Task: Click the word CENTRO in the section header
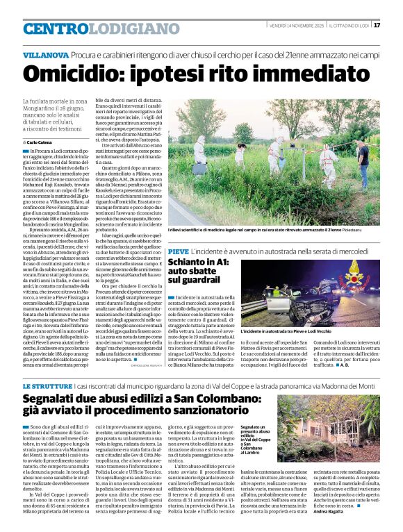point(56,29)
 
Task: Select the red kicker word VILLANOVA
point(44,53)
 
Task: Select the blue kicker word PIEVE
point(178,249)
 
